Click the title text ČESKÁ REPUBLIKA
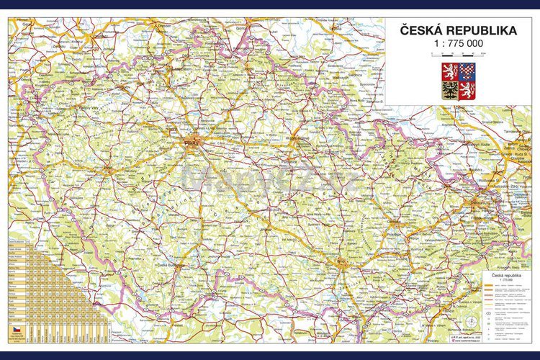(x=458, y=30)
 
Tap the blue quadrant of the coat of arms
(x=467, y=71)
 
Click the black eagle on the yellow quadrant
(x=449, y=90)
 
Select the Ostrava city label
(x=481, y=204)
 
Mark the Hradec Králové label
(x=296, y=136)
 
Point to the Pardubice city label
(x=291, y=161)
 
